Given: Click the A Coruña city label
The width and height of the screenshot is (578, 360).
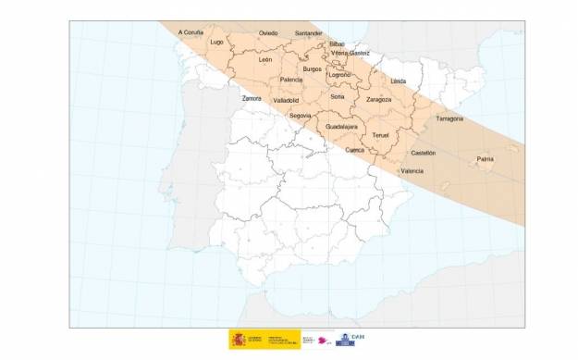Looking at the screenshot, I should point(191,31).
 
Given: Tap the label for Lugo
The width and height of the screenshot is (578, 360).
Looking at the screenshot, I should point(217,42).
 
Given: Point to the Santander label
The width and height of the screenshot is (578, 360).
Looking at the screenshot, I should point(308,32).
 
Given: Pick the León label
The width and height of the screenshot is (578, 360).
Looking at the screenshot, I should point(265,59).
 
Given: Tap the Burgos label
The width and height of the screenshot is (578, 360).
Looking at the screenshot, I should point(312,68).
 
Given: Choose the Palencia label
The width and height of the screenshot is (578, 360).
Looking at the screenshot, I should point(290,81).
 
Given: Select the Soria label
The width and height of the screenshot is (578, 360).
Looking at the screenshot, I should point(338,96).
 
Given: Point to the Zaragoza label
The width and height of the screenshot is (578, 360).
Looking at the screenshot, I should point(379,98).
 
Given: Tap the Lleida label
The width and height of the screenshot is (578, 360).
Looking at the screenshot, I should point(399,81).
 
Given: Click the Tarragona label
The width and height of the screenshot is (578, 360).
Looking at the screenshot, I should point(449,118).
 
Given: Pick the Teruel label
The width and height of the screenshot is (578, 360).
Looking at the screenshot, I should point(380,135).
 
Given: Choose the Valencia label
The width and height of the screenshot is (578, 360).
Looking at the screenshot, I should point(412,171).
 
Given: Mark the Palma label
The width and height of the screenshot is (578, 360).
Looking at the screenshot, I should point(485,159).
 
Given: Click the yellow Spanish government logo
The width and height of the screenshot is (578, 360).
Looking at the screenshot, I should point(239,340).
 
